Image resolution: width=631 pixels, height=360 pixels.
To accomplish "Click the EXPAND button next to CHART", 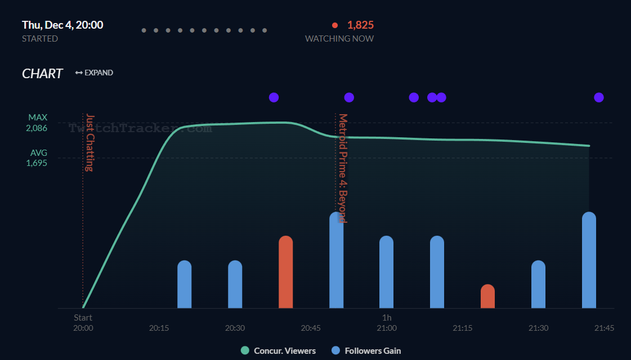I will [x=94, y=73].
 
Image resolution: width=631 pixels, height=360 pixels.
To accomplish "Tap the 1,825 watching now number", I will [x=360, y=25].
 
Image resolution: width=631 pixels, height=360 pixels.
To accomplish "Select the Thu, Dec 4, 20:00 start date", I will [x=62, y=25].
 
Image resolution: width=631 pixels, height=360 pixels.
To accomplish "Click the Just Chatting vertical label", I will [x=89, y=143].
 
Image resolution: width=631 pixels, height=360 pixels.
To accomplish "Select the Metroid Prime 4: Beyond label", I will [x=342, y=168].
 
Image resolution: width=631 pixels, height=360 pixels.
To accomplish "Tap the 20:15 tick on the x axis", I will [x=159, y=328].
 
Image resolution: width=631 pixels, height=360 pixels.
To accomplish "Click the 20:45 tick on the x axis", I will [x=311, y=328].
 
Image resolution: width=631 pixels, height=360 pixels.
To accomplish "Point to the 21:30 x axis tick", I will [x=539, y=328].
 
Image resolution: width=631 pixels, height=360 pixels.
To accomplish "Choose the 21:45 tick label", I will [x=603, y=328].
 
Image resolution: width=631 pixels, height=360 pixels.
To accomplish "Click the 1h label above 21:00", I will [x=387, y=318].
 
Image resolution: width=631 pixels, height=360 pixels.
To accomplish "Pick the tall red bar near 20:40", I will [x=286, y=272].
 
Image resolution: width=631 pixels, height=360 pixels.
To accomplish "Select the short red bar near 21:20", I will [x=487, y=296].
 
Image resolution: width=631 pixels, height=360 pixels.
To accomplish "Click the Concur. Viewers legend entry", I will [x=278, y=350].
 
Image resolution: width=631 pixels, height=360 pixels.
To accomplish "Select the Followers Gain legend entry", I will [x=366, y=350].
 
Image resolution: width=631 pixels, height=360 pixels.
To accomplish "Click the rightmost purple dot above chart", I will [x=599, y=97].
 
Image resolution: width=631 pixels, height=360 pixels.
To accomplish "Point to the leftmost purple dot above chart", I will [x=274, y=97].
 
